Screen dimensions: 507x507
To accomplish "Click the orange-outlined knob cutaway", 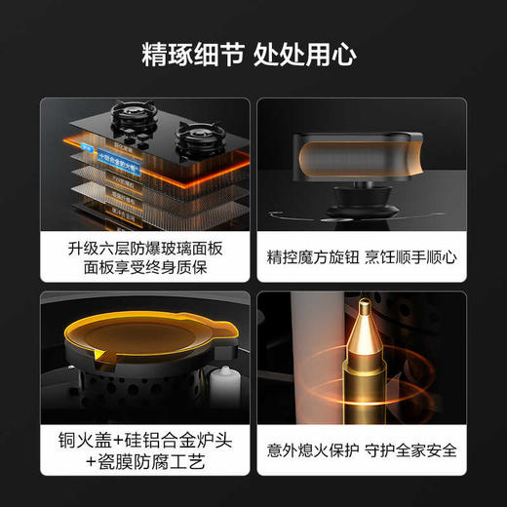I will [x=370, y=155].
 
